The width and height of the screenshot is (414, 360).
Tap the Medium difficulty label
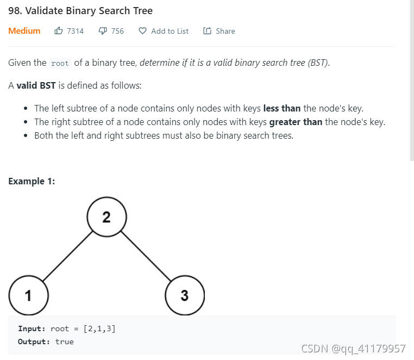24,31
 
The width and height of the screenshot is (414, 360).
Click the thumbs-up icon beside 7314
59,31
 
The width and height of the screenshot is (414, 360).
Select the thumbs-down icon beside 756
103,31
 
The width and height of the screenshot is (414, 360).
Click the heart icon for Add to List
143,31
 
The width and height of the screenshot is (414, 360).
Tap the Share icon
207,31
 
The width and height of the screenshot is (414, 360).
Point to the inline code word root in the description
60,63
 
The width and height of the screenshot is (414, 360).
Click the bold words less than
281,108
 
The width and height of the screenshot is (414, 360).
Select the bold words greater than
296,122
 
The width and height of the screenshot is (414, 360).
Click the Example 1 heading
32,181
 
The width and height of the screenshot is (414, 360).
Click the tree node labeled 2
106,218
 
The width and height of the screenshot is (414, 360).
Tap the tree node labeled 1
29,296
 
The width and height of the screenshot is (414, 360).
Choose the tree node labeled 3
185,296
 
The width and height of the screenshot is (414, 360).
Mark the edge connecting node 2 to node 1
67,256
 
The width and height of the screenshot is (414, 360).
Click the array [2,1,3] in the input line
99,328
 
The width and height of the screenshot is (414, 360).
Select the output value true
64,342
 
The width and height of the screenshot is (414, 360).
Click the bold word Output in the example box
34,342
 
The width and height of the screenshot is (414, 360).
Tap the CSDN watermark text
353,349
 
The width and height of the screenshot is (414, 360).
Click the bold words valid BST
36,86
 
